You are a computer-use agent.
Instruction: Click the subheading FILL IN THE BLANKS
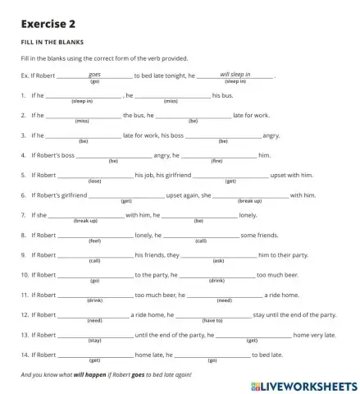[x=52, y=41]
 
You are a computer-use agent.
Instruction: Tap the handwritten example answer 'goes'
[x=94, y=74]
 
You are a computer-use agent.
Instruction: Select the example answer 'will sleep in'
[x=235, y=74]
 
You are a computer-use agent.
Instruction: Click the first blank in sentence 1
[x=83, y=95]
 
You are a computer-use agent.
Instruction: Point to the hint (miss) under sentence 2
[x=82, y=121]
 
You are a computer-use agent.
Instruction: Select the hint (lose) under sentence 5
[x=94, y=181]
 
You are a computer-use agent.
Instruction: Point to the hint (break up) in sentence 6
[x=250, y=201]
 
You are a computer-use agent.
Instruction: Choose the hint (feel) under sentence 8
[x=94, y=241]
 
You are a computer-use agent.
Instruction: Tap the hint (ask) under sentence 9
[x=218, y=261]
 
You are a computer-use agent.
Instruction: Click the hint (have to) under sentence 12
[x=213, y=321]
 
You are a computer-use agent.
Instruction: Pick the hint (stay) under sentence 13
[x=94, y=341]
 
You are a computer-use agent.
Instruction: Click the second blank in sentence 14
[x=212, y=355]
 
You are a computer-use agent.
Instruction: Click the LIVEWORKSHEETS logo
[x=304, y=382]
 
